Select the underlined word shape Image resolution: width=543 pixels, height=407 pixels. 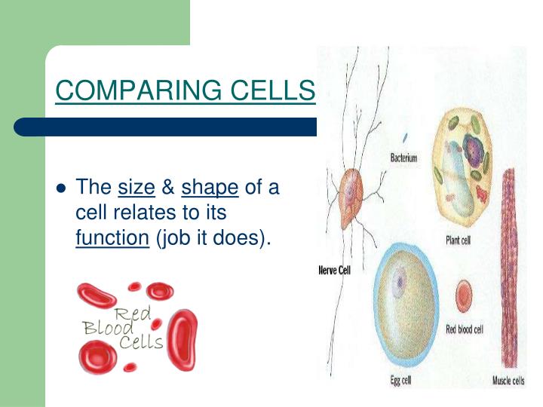click(210, 187)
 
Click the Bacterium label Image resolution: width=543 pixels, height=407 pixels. click(403, 158)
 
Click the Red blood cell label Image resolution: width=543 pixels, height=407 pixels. click(464, 329)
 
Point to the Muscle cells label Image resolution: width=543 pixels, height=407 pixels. click(508, 381)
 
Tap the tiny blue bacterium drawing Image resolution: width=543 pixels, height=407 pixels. click(405, 139)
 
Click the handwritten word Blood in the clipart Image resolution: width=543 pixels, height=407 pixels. click(103, 328)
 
